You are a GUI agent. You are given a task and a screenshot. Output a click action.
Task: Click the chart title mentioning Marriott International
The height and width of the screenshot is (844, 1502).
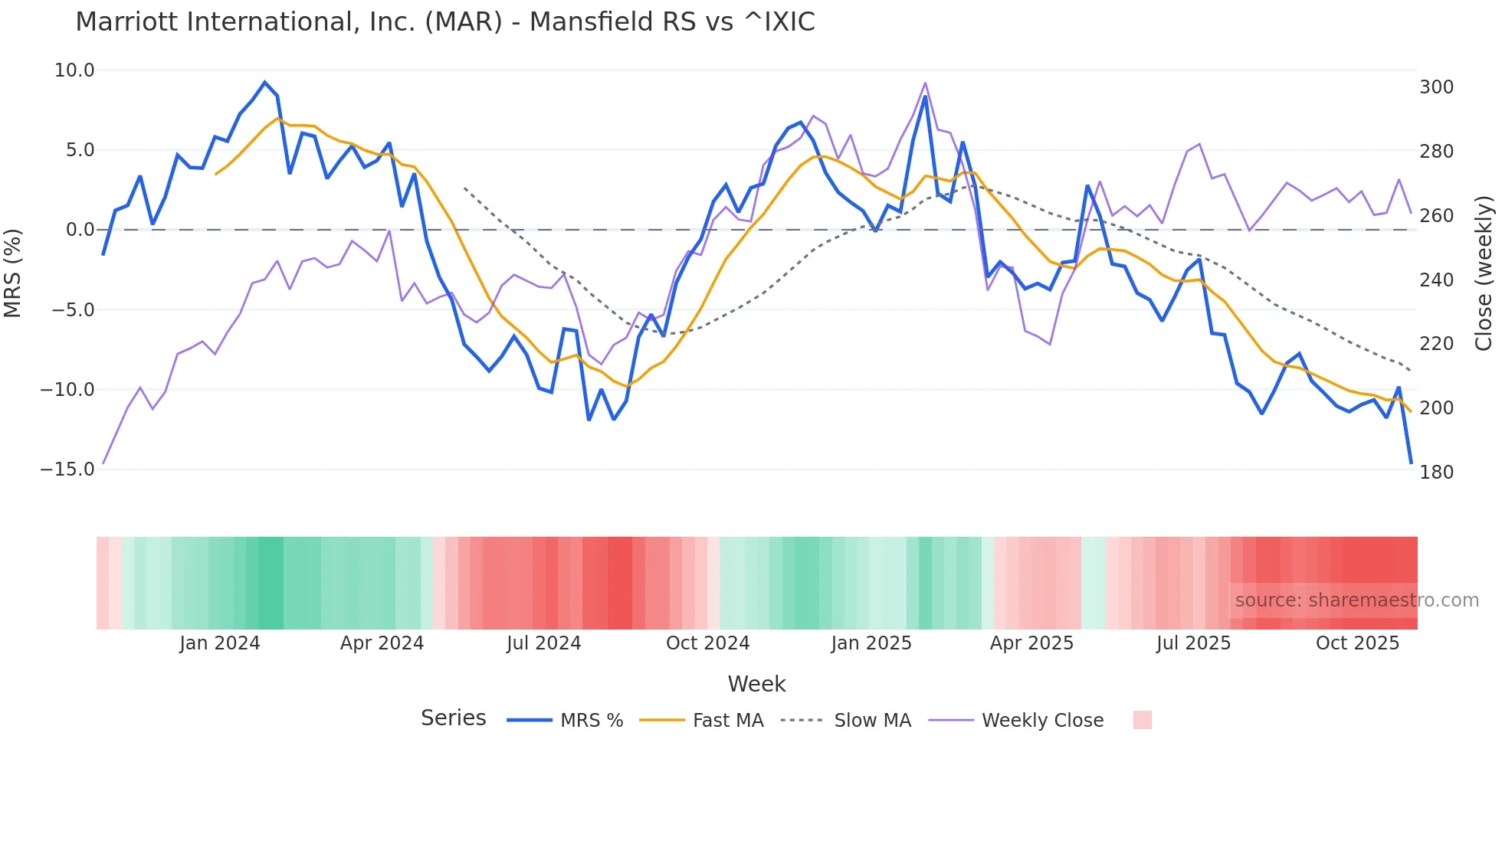click(444, 22)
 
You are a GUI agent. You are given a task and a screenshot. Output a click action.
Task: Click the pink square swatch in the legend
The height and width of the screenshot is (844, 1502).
click(1142, 720)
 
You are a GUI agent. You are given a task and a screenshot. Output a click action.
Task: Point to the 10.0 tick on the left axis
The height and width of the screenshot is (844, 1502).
click(74, 70)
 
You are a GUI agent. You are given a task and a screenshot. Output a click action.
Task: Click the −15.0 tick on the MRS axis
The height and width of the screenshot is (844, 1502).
click(67, 469)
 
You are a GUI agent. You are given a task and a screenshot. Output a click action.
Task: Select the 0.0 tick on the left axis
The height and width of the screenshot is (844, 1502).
click(80, 230)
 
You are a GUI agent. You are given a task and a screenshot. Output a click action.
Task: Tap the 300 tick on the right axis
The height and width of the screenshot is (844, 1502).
click(1436, 87)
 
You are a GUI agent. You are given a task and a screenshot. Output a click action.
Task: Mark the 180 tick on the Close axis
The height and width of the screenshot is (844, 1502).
click(1436, 473)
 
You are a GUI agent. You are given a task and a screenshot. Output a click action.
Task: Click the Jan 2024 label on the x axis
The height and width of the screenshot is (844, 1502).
click(220, 643)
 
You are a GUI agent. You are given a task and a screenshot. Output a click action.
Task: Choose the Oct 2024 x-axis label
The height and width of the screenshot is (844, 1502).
click(707, 643)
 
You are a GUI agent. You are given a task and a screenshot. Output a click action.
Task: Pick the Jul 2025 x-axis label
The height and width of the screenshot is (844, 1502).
click(1193, 643)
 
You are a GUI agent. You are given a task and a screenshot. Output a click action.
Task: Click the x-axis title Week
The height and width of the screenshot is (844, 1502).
click(756, 684)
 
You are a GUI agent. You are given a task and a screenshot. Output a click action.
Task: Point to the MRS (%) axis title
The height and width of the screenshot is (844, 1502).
click(13, 273)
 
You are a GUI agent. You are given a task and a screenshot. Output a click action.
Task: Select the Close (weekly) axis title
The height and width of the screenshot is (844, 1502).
click(1484, 273)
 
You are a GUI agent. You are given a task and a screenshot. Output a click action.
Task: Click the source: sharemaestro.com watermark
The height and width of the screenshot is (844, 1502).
click(1356, 600)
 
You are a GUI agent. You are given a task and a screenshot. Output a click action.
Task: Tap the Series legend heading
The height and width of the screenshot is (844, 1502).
click(453, 718)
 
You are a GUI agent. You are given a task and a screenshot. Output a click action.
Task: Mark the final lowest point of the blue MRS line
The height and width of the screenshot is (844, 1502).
click(1411, 463)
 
